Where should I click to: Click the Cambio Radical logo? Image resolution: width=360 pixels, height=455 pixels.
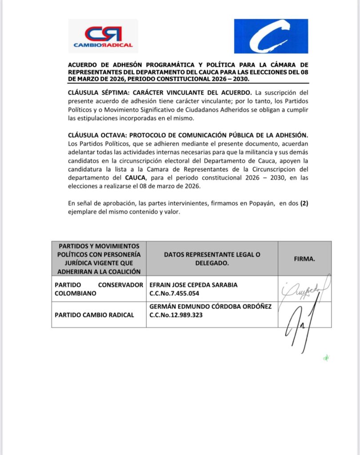click(103, 36)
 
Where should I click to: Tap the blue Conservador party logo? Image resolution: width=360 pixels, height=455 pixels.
click(271, 36)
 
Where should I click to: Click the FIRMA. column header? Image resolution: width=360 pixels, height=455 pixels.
click(304, 259)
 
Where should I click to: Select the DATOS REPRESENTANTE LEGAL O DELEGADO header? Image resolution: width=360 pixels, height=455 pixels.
click(212, 259)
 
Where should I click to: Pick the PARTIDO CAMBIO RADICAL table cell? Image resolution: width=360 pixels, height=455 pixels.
click(94, 315)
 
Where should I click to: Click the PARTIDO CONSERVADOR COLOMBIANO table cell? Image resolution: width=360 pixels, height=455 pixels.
click(99, 289)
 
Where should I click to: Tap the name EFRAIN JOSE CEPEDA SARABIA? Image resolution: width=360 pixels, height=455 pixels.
click(194, 285)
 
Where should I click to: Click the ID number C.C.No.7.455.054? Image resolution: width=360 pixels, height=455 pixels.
click(174, 293)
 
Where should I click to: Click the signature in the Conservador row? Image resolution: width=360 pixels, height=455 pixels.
click(305, 289)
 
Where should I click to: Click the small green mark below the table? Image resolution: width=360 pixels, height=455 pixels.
click(326, 358)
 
